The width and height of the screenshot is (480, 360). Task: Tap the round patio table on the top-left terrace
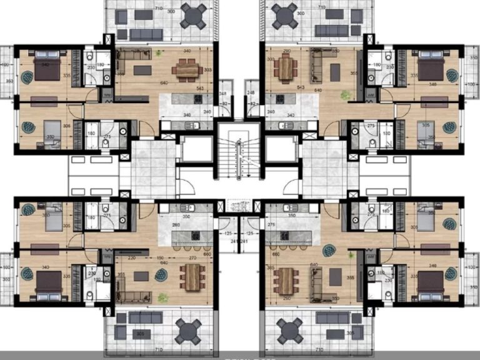coord(194,15)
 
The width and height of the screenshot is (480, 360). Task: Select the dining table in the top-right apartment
coord(286,68)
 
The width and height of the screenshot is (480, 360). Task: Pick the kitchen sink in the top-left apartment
coord(191,125)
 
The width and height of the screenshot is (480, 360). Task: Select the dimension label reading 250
coord(287,298)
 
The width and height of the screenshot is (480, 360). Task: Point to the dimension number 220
coord(132,258)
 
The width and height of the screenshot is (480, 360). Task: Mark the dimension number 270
coord(192,258)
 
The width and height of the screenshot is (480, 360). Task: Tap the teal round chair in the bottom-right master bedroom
coord(452,274)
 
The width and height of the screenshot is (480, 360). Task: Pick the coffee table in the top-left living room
coord(142,70)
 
